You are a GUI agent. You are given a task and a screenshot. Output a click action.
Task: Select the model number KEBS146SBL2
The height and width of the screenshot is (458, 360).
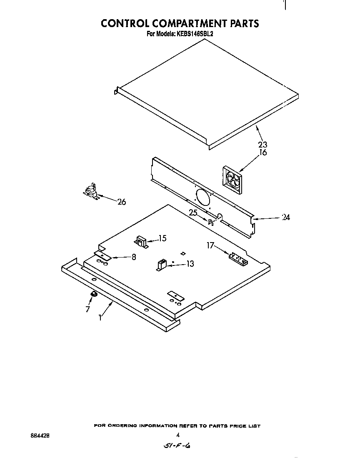click(194, 35)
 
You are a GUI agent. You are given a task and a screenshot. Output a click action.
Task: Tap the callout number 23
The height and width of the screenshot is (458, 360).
click(262, 145)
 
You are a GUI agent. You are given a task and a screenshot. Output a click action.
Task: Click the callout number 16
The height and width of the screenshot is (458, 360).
click(262, 153)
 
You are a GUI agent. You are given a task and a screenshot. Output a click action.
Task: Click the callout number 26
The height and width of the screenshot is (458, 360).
click(121, 202)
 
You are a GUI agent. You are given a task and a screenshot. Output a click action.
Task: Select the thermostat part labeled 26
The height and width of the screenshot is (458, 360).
click(91, 192)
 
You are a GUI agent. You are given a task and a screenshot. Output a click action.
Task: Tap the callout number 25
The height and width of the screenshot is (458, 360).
click(193, 213)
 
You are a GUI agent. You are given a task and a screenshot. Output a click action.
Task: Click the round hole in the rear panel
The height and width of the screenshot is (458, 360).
click(203, 197)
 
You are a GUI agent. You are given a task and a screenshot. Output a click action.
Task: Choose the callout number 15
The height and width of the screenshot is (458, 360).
click(162, 238)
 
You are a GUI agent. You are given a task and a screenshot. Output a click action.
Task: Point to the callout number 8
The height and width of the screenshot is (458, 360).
click(134, 257)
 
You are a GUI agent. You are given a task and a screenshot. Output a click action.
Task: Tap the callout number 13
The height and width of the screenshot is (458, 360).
click(190, 264)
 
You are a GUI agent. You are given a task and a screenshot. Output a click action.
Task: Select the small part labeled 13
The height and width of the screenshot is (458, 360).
click(161, 264)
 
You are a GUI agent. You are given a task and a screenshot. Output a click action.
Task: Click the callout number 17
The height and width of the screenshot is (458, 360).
click(210, 246)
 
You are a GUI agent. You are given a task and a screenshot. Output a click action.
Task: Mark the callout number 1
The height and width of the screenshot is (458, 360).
click(100, 318)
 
